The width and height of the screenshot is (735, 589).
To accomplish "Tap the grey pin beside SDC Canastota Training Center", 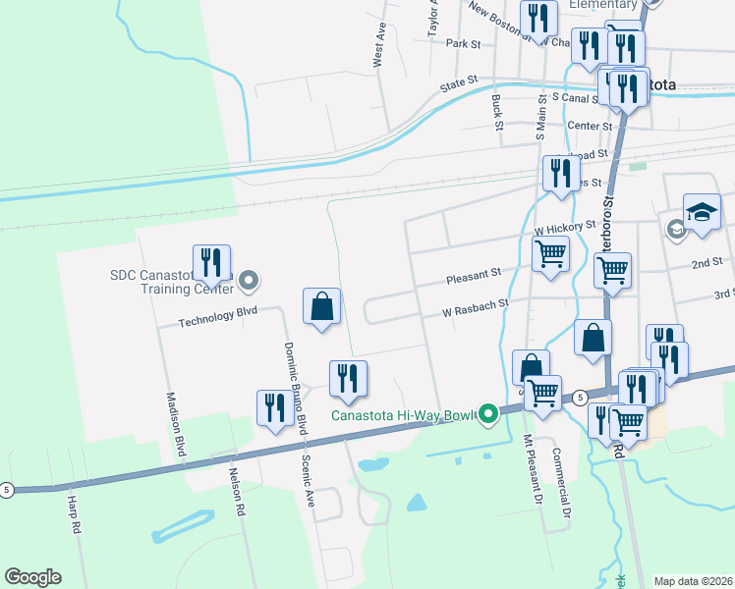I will pyautogui.click(x=249, y=283).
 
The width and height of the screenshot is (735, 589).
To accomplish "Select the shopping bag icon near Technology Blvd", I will pyautogui.click(x=321, y=307).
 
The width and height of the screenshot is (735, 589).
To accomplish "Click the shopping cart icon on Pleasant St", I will pyautogui.click(x=550, y=255).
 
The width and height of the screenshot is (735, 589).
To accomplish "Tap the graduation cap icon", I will pyautogui.click(x=702, y=213).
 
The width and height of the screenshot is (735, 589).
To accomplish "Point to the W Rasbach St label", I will pyautogui.click(x=477, y=305).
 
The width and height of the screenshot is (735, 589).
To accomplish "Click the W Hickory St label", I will pyautogui.click(x=564, y=227).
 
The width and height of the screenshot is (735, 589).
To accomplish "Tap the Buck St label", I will pyautogui.click(x=497, y=112).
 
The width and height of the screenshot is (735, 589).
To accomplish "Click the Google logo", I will pyautogui.click(x=32, y=577).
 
